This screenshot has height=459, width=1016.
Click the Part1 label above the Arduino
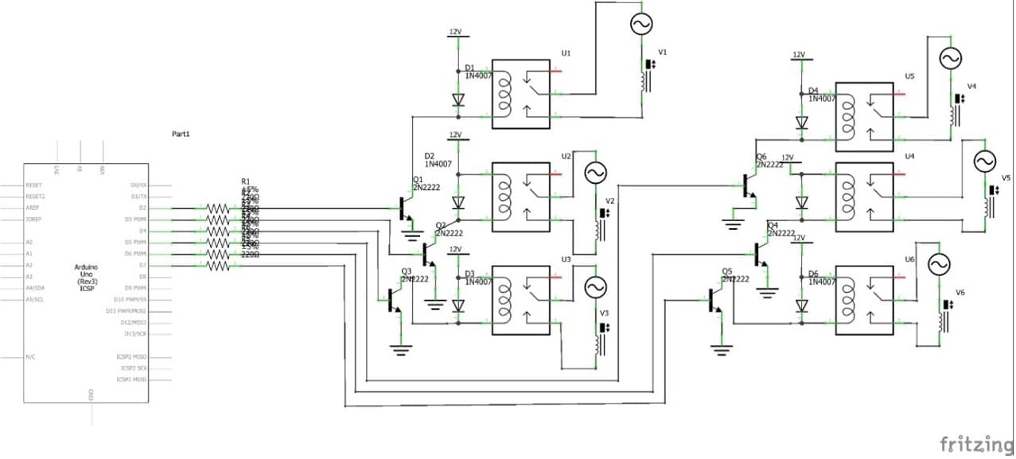pyautogui.click(x=181, y=134)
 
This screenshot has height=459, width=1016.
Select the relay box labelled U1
pyautogui.click(x=521, y=94)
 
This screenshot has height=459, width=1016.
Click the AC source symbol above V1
pyautogui.click(x=641, y=25)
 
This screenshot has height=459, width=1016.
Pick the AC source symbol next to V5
pyautogui.click(x=984, y=161)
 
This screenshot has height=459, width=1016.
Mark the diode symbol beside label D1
pyautogui.click(x=457, y=99)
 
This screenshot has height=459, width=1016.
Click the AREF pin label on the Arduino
pyautogui.click(x=34, y=208)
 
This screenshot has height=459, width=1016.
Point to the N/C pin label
pyautogui.click(x=29, y=357)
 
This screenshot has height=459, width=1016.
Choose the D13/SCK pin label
pyautogui.click(x=134, y=334)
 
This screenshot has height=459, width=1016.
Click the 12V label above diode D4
pyautogui.click(x=799, y=55)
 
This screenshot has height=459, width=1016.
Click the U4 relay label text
pyautogui.click(x=909, y=157)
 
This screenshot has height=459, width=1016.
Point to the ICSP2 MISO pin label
pyautogui.click(x=132, y=357)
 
